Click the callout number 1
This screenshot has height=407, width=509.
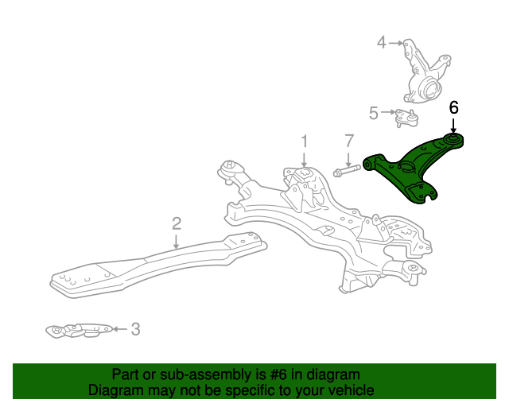click(x=304, y=142)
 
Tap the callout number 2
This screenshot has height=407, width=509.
click(x=177, y=223)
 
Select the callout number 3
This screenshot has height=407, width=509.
click(x=135, y=328)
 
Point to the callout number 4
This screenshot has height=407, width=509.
click(x=382, y=42)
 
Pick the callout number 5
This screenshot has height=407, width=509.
click(x=374, y=113)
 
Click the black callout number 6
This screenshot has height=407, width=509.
click(x=454, y=107)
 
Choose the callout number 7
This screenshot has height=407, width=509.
click(x=348, y=141)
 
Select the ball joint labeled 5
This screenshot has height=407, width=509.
click(x=406, y=119)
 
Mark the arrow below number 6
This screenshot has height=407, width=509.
click(x=454, y=126)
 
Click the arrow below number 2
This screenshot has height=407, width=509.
click(x=177, y=241)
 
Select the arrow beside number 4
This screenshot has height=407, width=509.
click(x=397, y=42)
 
